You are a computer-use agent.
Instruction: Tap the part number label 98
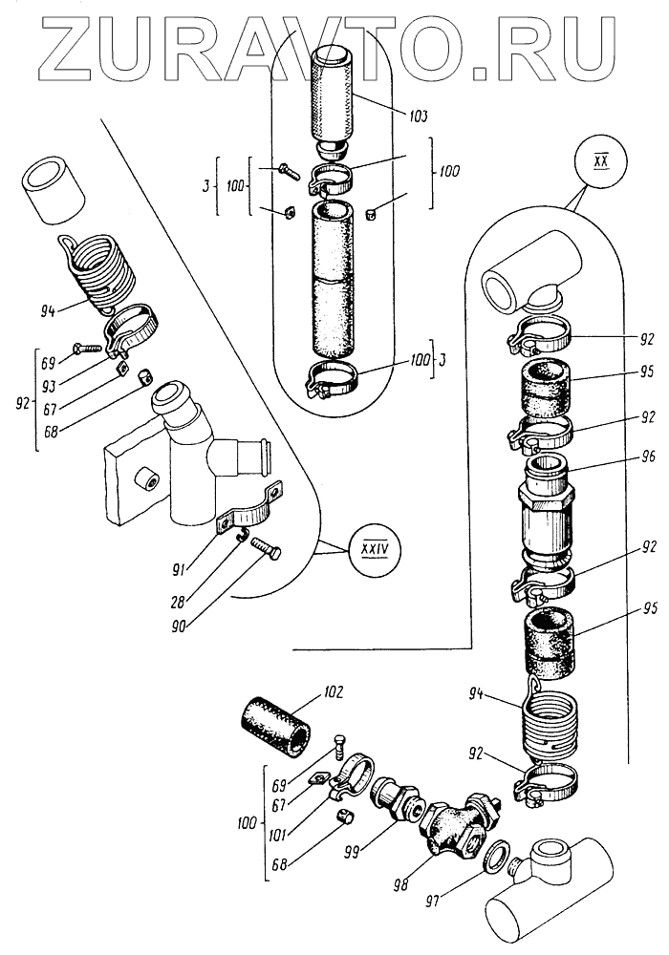pyautogui.click(x=399, y=884)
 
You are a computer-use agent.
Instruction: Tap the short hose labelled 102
pyautogui.click(x=278, y=727)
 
